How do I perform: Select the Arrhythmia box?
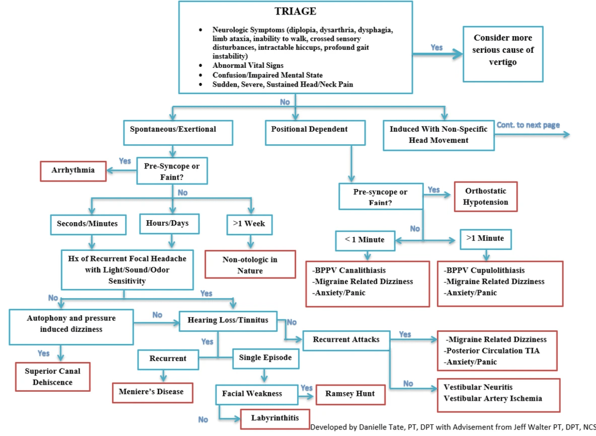coord(73,170)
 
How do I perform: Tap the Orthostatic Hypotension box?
coord(485,197)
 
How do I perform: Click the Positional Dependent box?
coord(309,129)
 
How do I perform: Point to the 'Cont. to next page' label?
coord(528,125)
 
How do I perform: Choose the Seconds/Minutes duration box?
coord(88,223)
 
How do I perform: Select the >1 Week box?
coord(249,223)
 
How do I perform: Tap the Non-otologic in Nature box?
coord(250,265)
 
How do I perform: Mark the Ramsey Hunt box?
coord(350,394)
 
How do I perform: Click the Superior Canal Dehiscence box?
coord(52,377)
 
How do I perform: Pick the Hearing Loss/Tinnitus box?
coord(228,320)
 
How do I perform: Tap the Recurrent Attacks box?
coord(346,339)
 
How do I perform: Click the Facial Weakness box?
coord(252,394)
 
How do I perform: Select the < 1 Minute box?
coord(365,240)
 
